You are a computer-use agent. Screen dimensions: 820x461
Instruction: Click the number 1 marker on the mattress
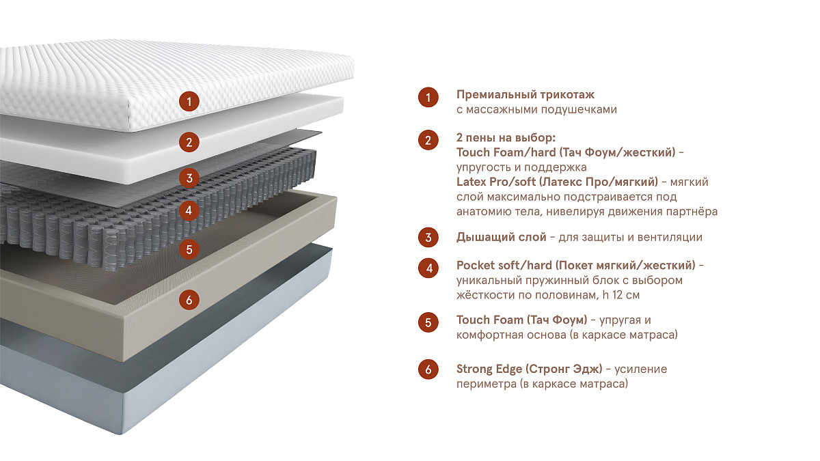pos(189,101)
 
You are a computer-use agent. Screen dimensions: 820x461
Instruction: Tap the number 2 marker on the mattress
pos(189,142)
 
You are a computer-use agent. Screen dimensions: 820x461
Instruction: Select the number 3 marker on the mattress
pos(189,178)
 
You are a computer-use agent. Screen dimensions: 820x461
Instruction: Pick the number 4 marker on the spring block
pos(189,210)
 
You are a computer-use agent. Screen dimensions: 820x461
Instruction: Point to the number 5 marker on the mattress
pos(189,249)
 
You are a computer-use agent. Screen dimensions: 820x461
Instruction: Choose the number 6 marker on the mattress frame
pos(189,300)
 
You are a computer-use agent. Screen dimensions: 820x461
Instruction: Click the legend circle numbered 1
pos(428,97)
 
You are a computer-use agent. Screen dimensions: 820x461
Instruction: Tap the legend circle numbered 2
pos(428,140)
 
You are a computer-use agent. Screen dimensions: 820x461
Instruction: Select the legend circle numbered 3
pos(428,238)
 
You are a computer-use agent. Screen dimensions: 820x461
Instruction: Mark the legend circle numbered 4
pos(428,268)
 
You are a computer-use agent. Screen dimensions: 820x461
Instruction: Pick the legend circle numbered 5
pos(428,322)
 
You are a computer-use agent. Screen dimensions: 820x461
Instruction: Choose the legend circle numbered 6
pos(428,369)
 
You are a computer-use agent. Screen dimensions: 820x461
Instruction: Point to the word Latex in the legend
pos(471,182)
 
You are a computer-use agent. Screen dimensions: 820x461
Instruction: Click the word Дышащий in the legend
pos(480,238)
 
